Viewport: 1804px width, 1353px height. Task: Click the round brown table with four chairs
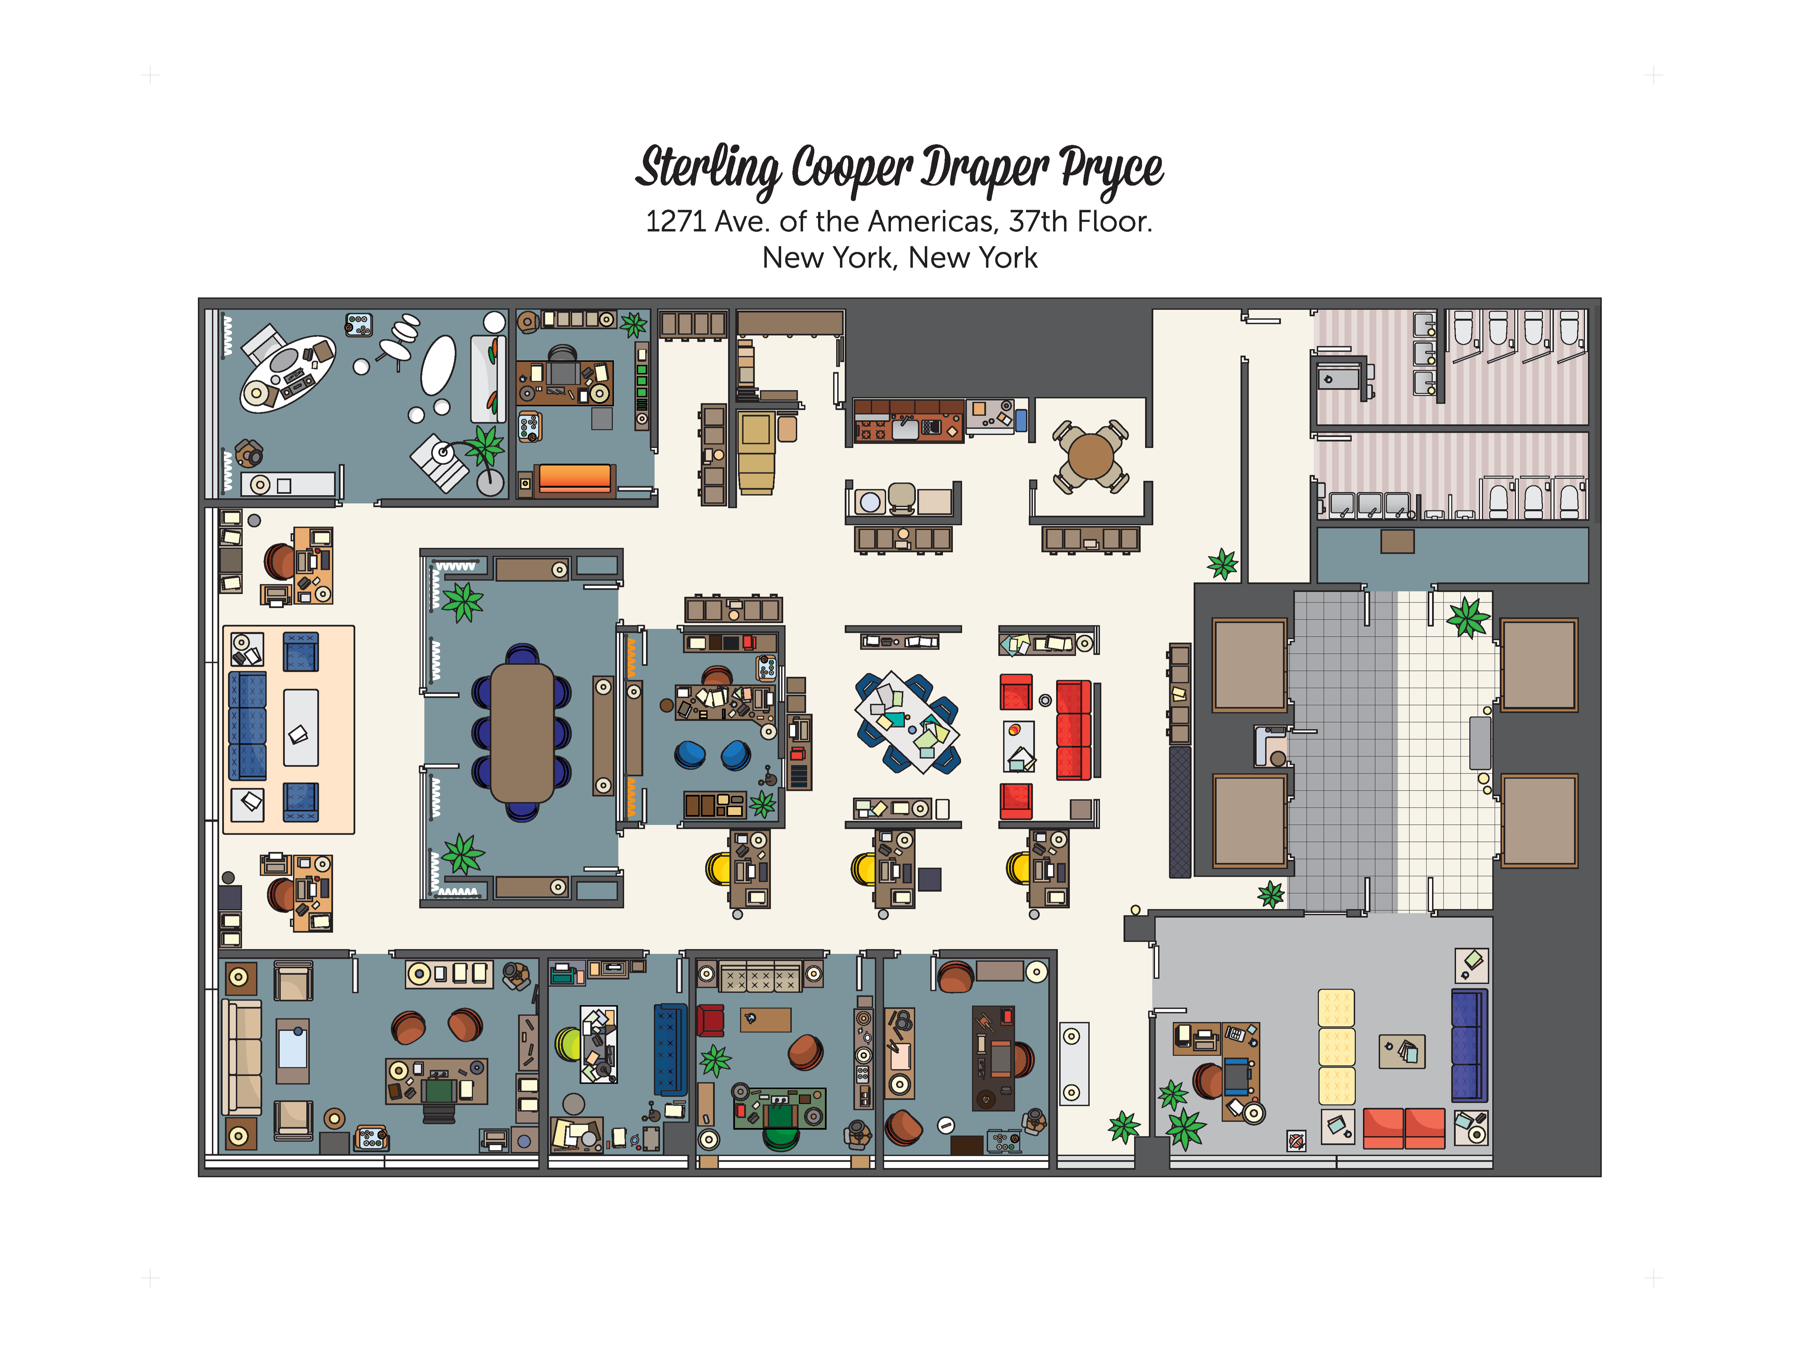(x=1090, y=456)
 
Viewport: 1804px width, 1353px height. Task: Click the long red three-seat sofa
(x=1073, y=730)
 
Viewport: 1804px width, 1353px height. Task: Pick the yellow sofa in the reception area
(x=1336, y=1047)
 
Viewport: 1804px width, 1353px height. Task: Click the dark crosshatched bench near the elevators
(x=1179, y=812)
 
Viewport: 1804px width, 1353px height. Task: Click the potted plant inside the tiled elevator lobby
(x=1468, y=617)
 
